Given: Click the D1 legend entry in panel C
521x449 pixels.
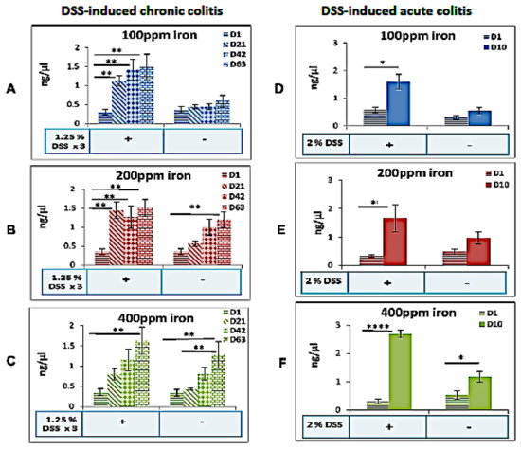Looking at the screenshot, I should pos(237,324).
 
